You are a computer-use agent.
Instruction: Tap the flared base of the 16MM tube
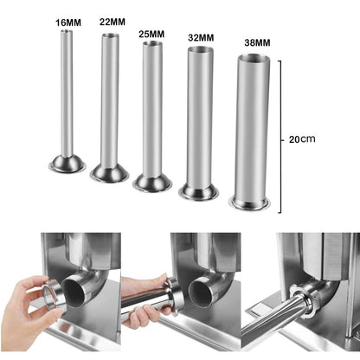[x=65, y=163]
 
